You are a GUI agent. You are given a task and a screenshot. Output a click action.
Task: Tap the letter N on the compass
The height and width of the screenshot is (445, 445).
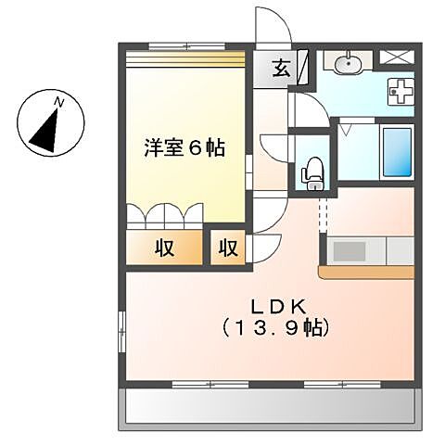pyautogui.click(x=58, y=99)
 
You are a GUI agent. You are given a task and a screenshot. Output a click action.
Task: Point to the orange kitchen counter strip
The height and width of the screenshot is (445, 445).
pyautogui.click(x=366, y=273)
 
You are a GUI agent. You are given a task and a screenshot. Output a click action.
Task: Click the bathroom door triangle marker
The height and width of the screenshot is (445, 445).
pyautogui.click(x=343, y=131)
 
